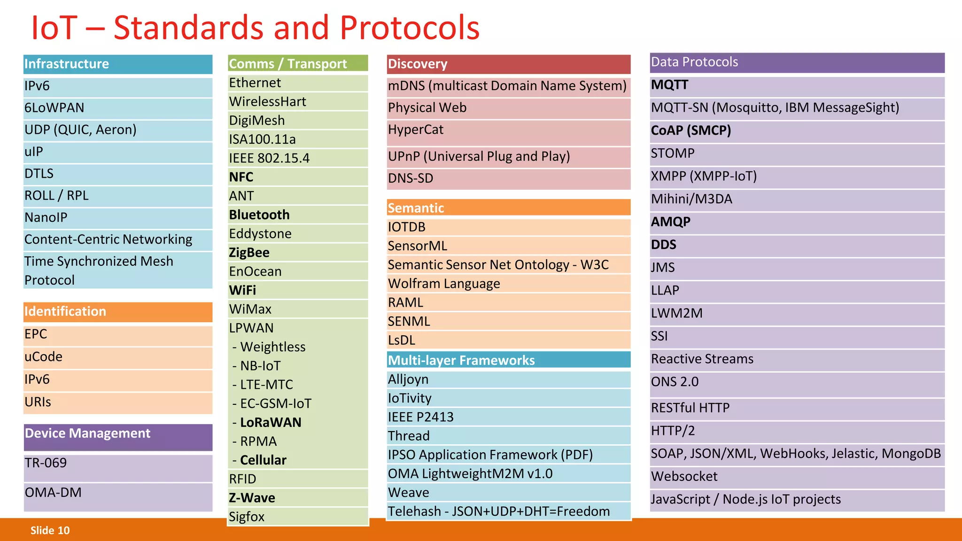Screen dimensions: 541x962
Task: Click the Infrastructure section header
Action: [x=67, y=64]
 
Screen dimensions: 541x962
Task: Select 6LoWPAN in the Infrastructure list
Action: [x=54, y=108]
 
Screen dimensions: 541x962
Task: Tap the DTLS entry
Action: [x=39, y=174]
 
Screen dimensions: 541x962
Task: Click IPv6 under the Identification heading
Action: [x=37, y=379]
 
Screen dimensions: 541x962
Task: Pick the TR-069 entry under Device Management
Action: [x=46, y=464]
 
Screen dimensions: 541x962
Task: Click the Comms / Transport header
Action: [x=287, y=64]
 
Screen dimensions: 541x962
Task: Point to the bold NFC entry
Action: [x=241, y=177]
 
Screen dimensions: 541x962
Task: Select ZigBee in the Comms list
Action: [x=249, y=253]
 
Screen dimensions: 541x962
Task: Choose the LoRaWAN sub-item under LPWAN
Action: [x=271, y=423]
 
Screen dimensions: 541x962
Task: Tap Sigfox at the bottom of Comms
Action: [x=247, y=517]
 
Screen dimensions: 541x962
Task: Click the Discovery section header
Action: [x=418, y=64]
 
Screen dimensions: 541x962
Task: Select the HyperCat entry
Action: [x=416, y=130]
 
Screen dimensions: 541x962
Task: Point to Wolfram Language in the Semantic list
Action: [x=444, y=284]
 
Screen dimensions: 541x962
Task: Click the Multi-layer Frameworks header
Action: [x=461, y=360]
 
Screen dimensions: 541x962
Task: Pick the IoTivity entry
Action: [x=410, y=398]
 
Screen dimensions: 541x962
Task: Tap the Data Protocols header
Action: [x=694, y=62]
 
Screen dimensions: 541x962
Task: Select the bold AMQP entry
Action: [x=670, y=222]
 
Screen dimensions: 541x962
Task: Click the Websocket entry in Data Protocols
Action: [x=684, y=477]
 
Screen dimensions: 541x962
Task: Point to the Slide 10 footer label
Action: [x=50, y=531]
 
